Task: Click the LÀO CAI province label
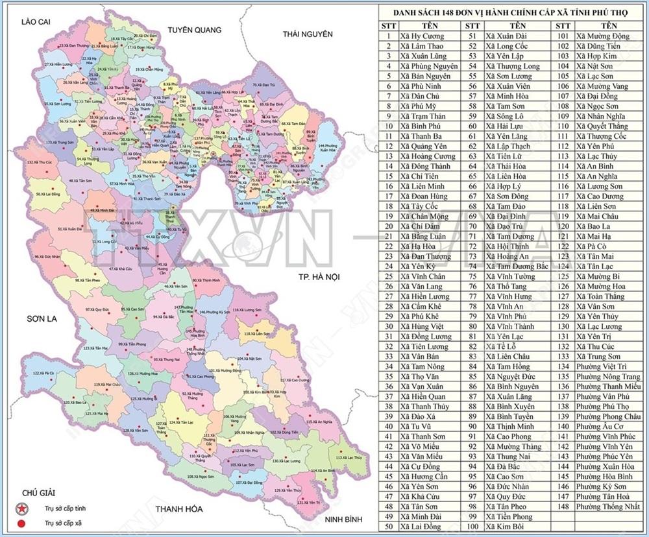pos(35,22)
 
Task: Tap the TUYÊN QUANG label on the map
pos(195,30)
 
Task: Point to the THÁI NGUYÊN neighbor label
pos(307,34)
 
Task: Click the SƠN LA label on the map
pos(42,319)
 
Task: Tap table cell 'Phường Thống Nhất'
pos(607,507)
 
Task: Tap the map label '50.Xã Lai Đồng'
pos(48,193)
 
